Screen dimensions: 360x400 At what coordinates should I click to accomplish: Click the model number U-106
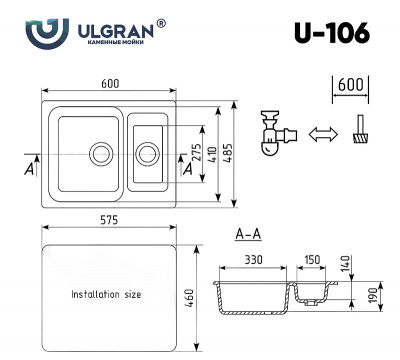coord(333,33)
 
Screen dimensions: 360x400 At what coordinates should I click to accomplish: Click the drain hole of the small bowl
coord(147,153)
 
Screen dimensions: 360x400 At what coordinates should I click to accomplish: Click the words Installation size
coord(105,296)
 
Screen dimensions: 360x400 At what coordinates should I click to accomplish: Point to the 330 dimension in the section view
coord(252,261)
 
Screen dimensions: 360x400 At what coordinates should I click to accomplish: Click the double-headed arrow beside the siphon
coord(323,135)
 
